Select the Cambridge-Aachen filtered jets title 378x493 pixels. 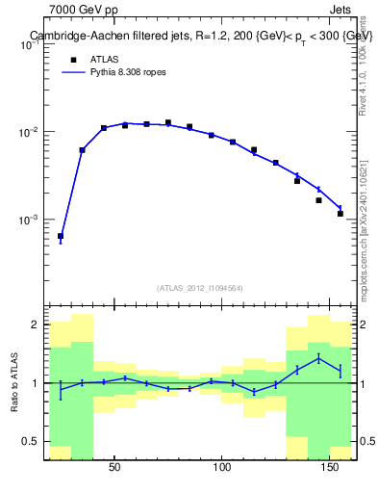coord(199,36)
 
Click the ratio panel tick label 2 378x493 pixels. coord(35,325)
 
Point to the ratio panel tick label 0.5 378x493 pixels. coord(31,442)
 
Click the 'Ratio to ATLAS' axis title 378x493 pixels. coord(13,382)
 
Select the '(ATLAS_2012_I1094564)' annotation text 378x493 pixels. coord(199,287)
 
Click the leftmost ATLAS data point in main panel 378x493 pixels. coord(61,236)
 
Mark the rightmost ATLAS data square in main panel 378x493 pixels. coord(340,214)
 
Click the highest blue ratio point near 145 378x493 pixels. coord(318,359)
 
